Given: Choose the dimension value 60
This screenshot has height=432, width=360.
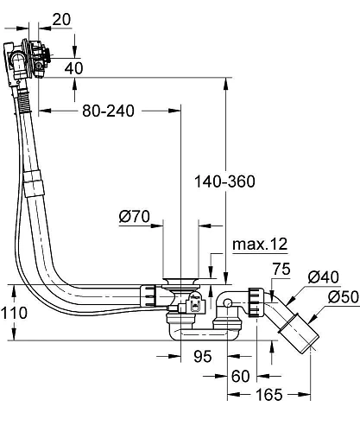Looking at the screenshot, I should (x=241, y=377).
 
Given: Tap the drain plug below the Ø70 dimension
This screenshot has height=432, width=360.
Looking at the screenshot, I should (x=181, y=280).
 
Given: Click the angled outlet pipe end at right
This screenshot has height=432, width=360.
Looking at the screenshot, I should (x=300, y=332).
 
